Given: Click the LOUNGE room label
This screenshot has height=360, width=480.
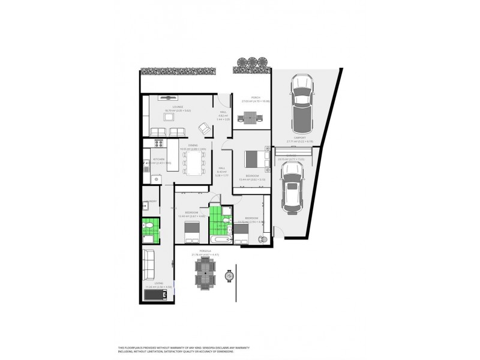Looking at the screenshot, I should tap(177, 106).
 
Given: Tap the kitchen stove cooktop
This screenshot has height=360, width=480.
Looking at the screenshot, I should tap(160, 143).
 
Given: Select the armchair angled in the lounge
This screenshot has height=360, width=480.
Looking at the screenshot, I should tap(204, 128).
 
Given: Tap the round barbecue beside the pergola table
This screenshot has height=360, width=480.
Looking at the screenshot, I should tap(229, 276).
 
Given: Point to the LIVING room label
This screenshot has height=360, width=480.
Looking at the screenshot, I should tap(158, 283).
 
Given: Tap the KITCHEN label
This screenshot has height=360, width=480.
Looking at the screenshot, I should tap(149, 159).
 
